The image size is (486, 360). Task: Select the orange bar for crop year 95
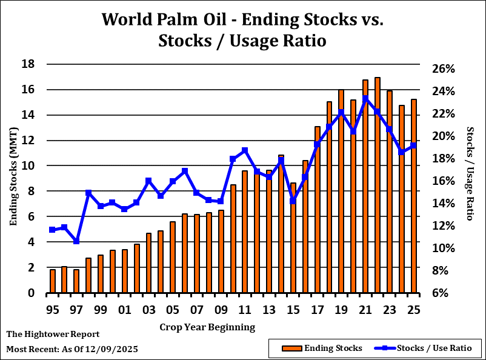53,281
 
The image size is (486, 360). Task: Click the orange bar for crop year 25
414,196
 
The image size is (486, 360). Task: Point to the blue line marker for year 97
76,241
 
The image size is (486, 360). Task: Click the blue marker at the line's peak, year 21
365,99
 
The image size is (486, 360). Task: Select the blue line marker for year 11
245,150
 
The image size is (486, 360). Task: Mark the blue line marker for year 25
414,145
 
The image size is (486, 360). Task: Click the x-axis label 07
197,310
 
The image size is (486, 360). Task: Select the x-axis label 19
341,310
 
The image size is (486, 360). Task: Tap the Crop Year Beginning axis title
207,327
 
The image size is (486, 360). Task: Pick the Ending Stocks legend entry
323,348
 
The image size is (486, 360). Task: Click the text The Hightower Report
53,334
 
